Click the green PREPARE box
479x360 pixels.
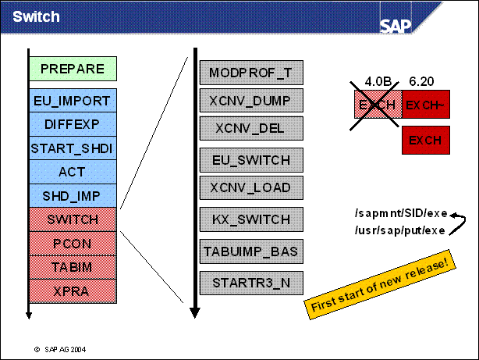tap(73, 69)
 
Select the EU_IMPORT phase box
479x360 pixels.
tap(73, 101)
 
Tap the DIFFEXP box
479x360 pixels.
tap(73, 124)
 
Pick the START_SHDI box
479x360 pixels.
tap(73, 148)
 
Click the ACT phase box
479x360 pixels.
tap(73, 172)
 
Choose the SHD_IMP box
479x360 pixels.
tap(73, 196)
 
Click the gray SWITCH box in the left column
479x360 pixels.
tap(73, 219)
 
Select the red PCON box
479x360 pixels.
tap(73, 243)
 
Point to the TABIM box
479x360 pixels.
tap(73, 266)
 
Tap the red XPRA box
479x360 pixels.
tap(73, 290)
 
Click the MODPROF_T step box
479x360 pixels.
tap(250, 73)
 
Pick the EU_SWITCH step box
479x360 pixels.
tap(250, 160)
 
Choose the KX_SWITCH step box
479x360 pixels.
tap(250, 219)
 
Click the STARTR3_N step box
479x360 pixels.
tap(250, 280)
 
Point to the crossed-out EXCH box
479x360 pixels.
tap(378, 104)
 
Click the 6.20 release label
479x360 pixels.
tap(421, 80)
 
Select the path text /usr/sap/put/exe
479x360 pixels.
tap(399, 230)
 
